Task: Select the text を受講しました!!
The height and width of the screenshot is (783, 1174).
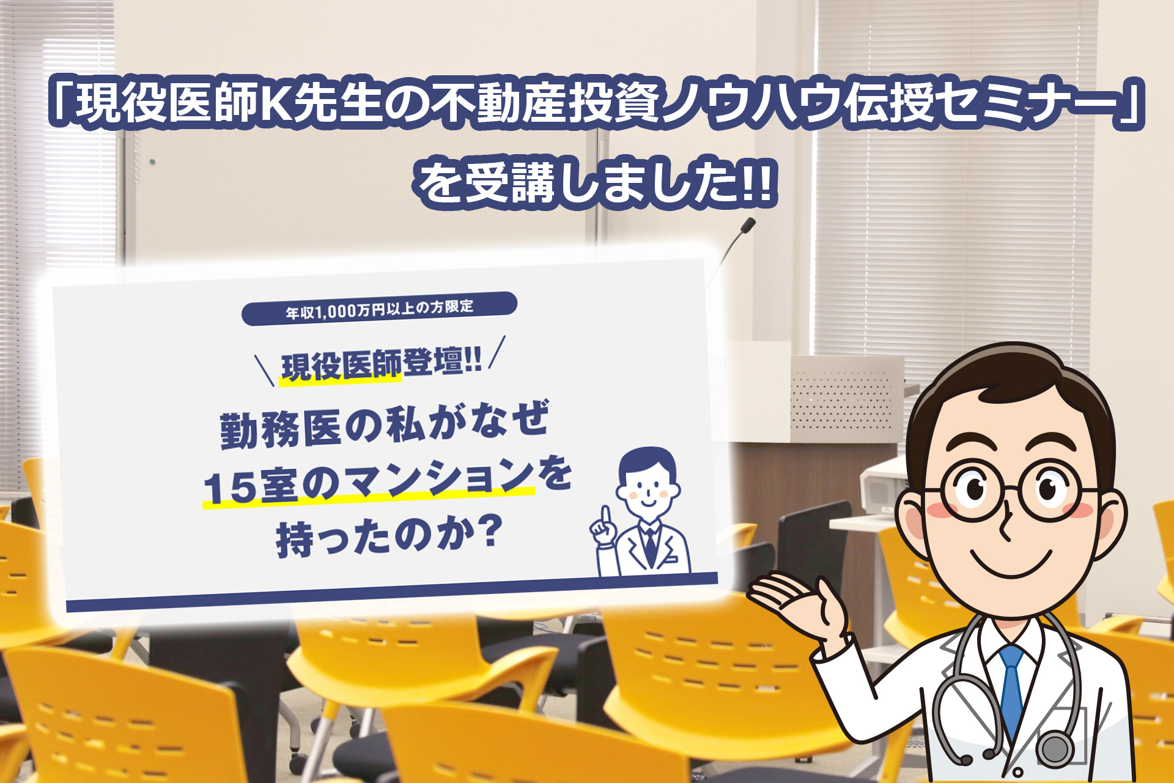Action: tap(596, 182)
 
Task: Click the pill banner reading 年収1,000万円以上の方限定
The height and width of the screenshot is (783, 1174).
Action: tap(380, 308)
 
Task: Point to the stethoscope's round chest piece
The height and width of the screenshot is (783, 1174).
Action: tap(1055, 748)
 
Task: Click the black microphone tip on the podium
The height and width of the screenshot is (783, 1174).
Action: tap(748, 225)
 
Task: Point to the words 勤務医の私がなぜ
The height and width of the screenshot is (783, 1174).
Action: tap(385, 424)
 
